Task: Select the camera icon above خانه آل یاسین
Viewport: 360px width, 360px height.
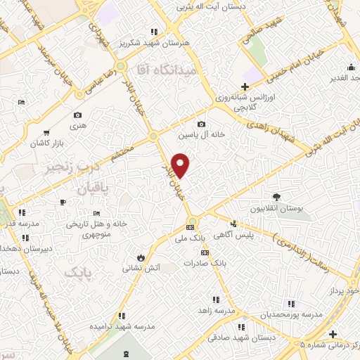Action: [x=202, y=124]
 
